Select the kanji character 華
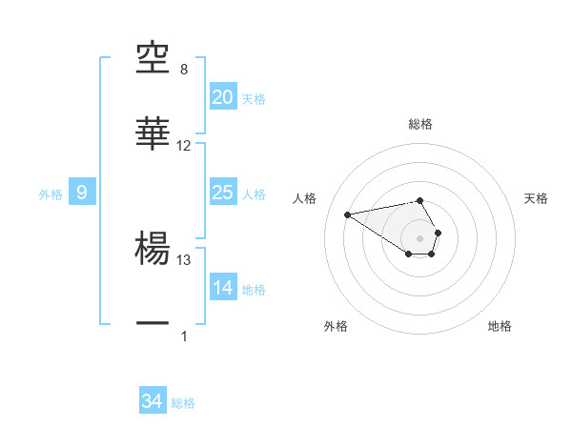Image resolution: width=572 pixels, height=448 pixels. click(x=153, y=134)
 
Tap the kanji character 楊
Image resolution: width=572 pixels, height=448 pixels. click(x=153, y=250)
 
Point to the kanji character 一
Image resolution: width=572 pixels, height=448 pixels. click(x=153, y=325)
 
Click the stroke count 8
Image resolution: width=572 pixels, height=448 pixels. click(x=184, y=71)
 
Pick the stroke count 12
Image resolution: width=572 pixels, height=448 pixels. click(x=184, y=146)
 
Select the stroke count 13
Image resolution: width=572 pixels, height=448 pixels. click(x=184, y=259)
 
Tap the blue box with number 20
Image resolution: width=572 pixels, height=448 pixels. click(x=222, y=97)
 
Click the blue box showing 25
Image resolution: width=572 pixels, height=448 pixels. click(x=222, y=193)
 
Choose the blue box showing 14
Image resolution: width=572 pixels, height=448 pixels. click(x=222, y=288)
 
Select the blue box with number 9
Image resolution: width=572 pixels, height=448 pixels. click(x=82, y=193)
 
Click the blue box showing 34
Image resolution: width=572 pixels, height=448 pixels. click(x=152, y=402)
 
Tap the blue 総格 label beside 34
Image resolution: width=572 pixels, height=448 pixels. click(x=183, y=403)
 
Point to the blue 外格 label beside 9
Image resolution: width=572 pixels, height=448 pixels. click(x=51, y=194)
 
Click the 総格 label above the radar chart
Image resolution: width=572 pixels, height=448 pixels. click(x=420, y=124)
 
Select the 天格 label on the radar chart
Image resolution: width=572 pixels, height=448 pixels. click(x=537, y=198)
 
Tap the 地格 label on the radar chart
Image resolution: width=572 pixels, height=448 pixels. click(x=500, y=326)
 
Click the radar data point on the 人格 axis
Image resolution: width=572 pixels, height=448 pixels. click(x=348, y=214)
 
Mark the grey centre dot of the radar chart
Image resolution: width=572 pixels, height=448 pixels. click(x=419, y=237)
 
